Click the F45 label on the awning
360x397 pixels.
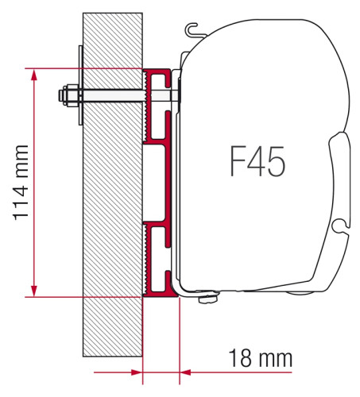click(x=257, y=161)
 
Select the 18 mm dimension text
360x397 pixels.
click(x=256, y=358)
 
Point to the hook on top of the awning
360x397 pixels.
click(x=193, y=32)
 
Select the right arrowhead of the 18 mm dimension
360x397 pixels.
click(x=187, y=371)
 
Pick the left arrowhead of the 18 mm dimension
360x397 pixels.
click(x=137, y=371)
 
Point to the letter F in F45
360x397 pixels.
click(x=238, y=161)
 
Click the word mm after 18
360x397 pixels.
click(x=273, y=358)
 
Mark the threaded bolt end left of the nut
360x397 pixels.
click(x=61, y=98)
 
